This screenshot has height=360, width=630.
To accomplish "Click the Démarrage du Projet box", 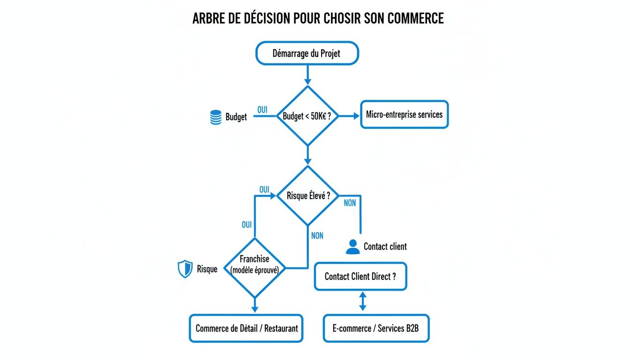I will pos(307,53).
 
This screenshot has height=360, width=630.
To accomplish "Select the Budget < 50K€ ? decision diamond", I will pos(307,116).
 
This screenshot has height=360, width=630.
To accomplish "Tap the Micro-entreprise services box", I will pos(404,114).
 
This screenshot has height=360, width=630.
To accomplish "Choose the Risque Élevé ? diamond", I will pos(307,195).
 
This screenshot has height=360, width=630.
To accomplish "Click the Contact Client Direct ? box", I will pos(360,277).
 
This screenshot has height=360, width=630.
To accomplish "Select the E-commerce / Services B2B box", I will pos(375,328).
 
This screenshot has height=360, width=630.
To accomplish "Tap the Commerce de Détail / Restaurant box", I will pos(246,328).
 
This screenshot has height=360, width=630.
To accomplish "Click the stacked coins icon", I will pos(216,117).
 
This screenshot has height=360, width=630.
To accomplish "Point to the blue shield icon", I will pos(185,269).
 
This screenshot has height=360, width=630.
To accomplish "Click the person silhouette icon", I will pos(352,247).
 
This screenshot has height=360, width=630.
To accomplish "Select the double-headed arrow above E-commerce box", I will pos(362,301).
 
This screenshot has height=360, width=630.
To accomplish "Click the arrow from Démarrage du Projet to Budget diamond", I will pos(307,75).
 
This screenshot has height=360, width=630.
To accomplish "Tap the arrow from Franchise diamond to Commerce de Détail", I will pos(255,305).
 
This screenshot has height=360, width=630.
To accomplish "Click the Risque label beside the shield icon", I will pos(207,269).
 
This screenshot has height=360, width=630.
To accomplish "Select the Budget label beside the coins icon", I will pos(236,117).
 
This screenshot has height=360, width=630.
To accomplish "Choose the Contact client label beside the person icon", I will pos(385,247).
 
